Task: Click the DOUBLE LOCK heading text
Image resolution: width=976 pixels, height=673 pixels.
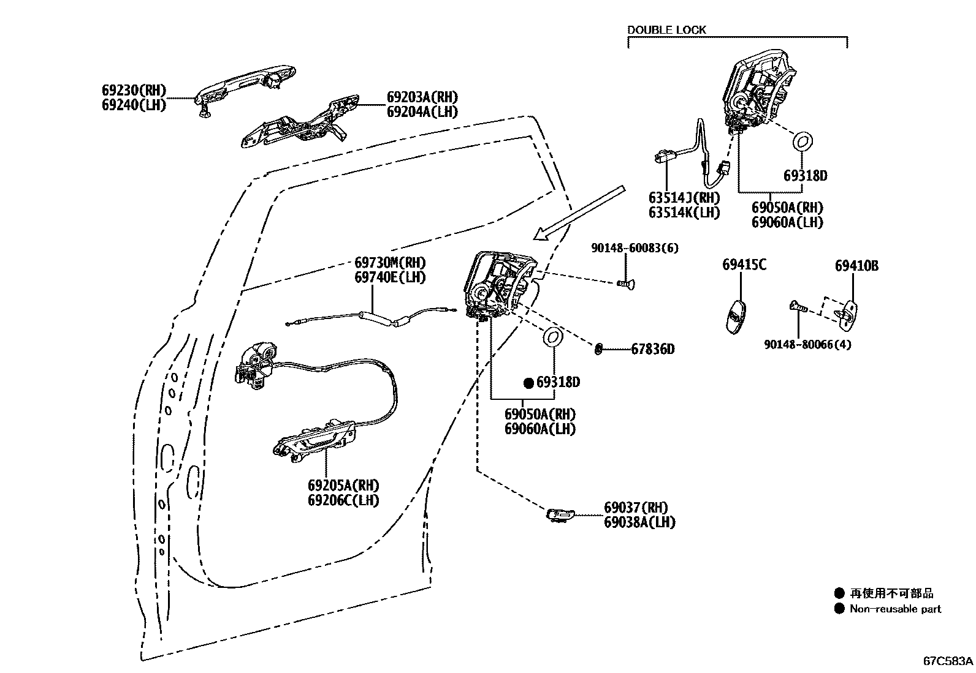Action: click(666, 29)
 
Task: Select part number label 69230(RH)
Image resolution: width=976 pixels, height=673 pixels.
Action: click(134, 90)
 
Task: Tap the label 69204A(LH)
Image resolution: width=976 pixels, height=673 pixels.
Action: click(422, 111)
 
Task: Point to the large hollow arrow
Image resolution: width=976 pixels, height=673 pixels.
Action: click(579, 211)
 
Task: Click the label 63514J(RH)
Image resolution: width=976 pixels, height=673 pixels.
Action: click(684, 198)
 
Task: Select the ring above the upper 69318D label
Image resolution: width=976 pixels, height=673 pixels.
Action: click(803, 140)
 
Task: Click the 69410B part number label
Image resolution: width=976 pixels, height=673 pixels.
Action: click(856, 266)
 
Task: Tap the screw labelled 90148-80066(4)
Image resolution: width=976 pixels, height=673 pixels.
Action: click(798, 307)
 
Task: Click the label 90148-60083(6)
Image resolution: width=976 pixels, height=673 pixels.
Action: click(635, 248)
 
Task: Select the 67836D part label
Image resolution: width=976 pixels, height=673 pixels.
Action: click(652, 349)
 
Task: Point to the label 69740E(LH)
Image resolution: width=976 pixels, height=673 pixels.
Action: click(390, 277)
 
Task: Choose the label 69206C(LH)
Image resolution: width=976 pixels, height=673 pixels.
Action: click(343, 500)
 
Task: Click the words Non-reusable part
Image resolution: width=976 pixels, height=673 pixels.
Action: click(895, 609)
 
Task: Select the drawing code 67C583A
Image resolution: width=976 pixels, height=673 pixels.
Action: click(948, 661)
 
